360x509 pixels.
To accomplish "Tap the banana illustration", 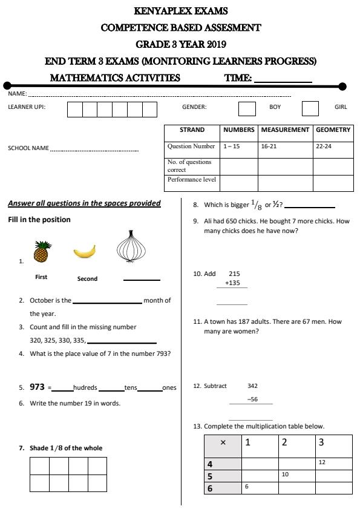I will pyautogui.click(x=85, y=251).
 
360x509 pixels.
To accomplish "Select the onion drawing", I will pyautogui.click(x=133, y=247).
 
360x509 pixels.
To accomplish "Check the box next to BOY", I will pyautogui.click(x=247, y=108).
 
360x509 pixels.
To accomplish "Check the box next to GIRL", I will pyautogui.click(x=310, y=108).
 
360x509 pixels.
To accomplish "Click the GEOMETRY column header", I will pyautogui.click(x=333, y=130).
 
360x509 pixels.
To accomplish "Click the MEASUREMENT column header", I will pyautogui.click(x=285, y=130).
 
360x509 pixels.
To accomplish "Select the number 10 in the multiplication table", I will pyautogui.click(x=285, y=475).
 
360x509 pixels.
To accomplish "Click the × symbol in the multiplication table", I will pyautogui.click(x=223, y=443).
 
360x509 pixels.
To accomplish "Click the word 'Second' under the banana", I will pyautogui.click(x=87, y=279).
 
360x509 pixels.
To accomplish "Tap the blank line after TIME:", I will pyautogui.click(x=283, y=79).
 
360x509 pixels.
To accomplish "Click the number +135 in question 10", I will pyautogui.click(x=232, y=283).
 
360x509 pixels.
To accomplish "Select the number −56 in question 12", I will pyautogui.click(x=252, y=399).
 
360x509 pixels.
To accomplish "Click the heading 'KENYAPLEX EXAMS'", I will pyautogui.click(x=180, y=11).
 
